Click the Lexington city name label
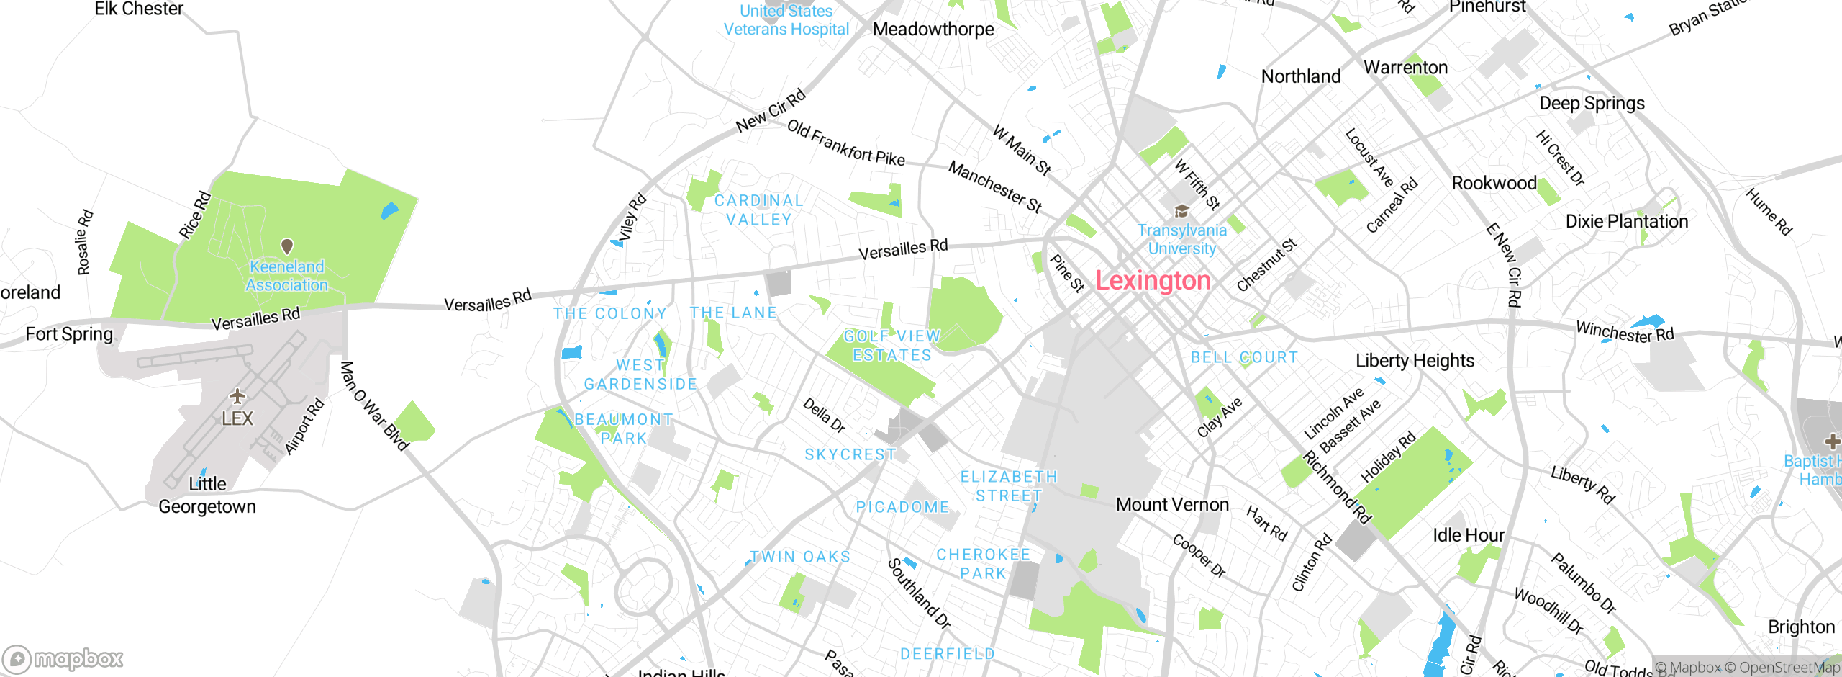pos(1153,280)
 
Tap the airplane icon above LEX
pos(237,396)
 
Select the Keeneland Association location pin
pos(287,246)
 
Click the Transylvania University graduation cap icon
pos(1181,211)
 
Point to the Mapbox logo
pos(63,658)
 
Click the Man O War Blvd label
pos(373,406)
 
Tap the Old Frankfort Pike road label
pos(845,143)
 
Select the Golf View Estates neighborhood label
pos(891,346)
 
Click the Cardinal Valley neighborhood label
pos(758,210)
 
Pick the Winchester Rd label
pos(1625,332)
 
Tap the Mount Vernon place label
pos(1172,504)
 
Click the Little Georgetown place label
pos(207,496)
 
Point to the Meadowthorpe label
pos(933,30)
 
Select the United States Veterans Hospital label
pos(786,20)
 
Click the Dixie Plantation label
pos(1627,221)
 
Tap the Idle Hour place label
pos(1468,535)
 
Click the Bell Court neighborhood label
pos(1244,357)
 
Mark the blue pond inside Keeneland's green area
pos(389,210)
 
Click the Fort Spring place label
pos(69,334)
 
